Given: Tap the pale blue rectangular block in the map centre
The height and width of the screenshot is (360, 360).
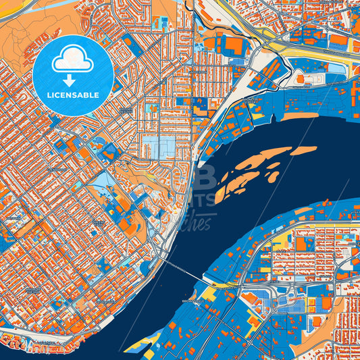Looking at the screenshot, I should tap(157, 146).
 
